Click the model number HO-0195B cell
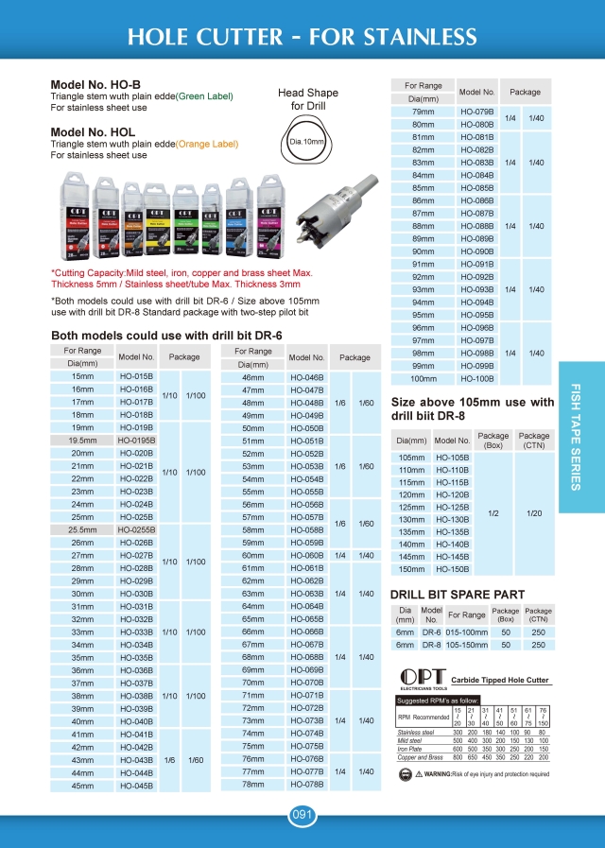coord(137,440)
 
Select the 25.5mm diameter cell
coord(82,530)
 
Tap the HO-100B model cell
coord(477,378)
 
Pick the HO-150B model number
coord(452,569)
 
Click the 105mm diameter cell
coord(411,457)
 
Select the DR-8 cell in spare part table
coord(432,644)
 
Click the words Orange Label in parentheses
coord(206,145)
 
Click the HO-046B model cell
coord(306,377)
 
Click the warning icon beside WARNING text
coord(406,774)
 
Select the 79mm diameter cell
coord(423,112)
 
